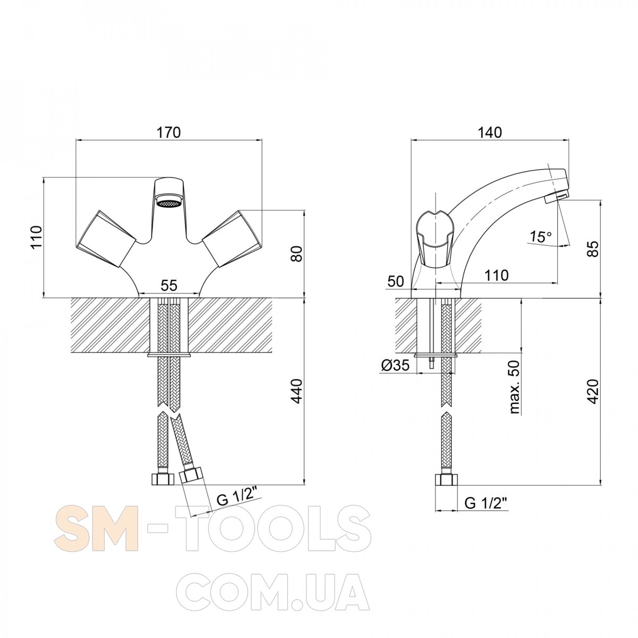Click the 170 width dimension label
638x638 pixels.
point(169,132)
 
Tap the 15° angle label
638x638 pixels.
point(541,237)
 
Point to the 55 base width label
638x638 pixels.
point(169,286)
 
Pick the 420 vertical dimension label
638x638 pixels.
point(594,392)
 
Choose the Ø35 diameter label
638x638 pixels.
point(396,365)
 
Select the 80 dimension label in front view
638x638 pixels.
point(297,254)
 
